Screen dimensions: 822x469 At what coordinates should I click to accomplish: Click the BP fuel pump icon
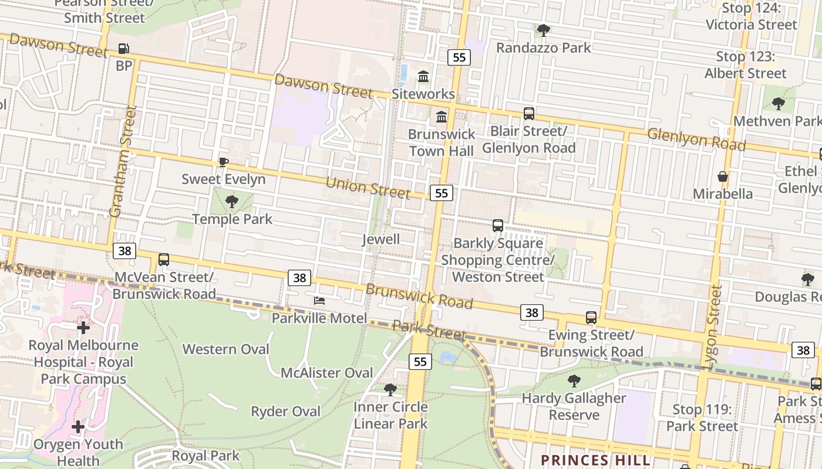point(123,49)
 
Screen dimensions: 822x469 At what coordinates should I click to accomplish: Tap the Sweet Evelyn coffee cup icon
point(223,162)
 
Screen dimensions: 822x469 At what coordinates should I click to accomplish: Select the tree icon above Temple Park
point(232,202)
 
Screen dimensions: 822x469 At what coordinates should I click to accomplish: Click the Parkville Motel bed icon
point(319,301)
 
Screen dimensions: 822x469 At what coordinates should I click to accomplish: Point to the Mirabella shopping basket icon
point(723,176)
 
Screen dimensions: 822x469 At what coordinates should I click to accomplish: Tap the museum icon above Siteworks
point(423,76)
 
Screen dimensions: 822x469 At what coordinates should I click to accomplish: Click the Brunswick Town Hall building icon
point(442,117)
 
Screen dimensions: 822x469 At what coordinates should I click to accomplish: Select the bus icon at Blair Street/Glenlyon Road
point(529,114)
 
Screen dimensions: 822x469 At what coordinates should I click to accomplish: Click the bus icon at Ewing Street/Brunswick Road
point(591,318)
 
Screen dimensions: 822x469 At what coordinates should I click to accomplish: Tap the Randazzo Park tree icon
point(544,30)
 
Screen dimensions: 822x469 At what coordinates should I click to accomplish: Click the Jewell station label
point(381,239)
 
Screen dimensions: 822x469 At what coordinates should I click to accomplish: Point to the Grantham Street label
point(123,161)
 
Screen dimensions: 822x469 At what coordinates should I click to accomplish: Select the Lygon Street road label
point(714,327)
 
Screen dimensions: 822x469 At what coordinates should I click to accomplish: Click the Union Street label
point(367,187)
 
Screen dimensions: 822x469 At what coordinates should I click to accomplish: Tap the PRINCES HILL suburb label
point(595,460)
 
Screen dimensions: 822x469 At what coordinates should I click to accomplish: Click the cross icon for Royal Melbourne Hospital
point(83,328)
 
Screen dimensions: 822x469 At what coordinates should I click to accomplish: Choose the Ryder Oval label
point(286,412)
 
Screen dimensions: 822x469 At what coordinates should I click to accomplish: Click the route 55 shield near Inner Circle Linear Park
point(420,362)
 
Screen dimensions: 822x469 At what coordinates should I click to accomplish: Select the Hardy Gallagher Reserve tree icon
point(574,381)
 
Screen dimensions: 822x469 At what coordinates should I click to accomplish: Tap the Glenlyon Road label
point(696,139)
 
